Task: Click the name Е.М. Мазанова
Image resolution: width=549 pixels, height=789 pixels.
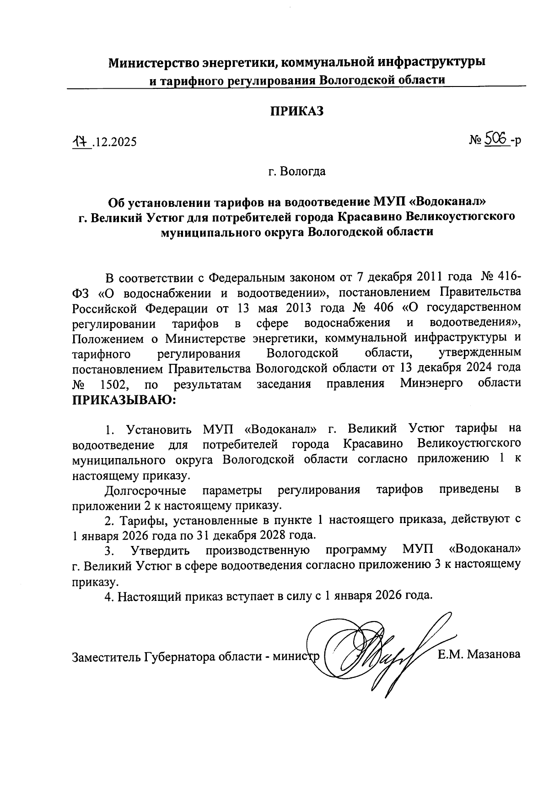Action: [x=479, y=654]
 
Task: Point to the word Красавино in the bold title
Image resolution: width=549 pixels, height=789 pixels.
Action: [x=370, y=216]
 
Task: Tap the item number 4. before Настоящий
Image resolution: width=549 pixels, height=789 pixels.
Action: [x=108, y=596]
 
